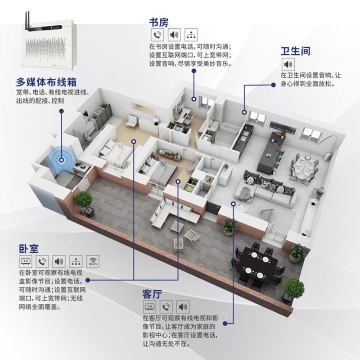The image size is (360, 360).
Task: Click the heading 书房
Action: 158,22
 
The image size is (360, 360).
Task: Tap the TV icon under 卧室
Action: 26,261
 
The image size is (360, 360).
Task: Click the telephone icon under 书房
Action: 157,35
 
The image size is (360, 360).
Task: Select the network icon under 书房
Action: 191,35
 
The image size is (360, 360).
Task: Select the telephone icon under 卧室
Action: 42,261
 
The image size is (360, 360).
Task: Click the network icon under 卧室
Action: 76,261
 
